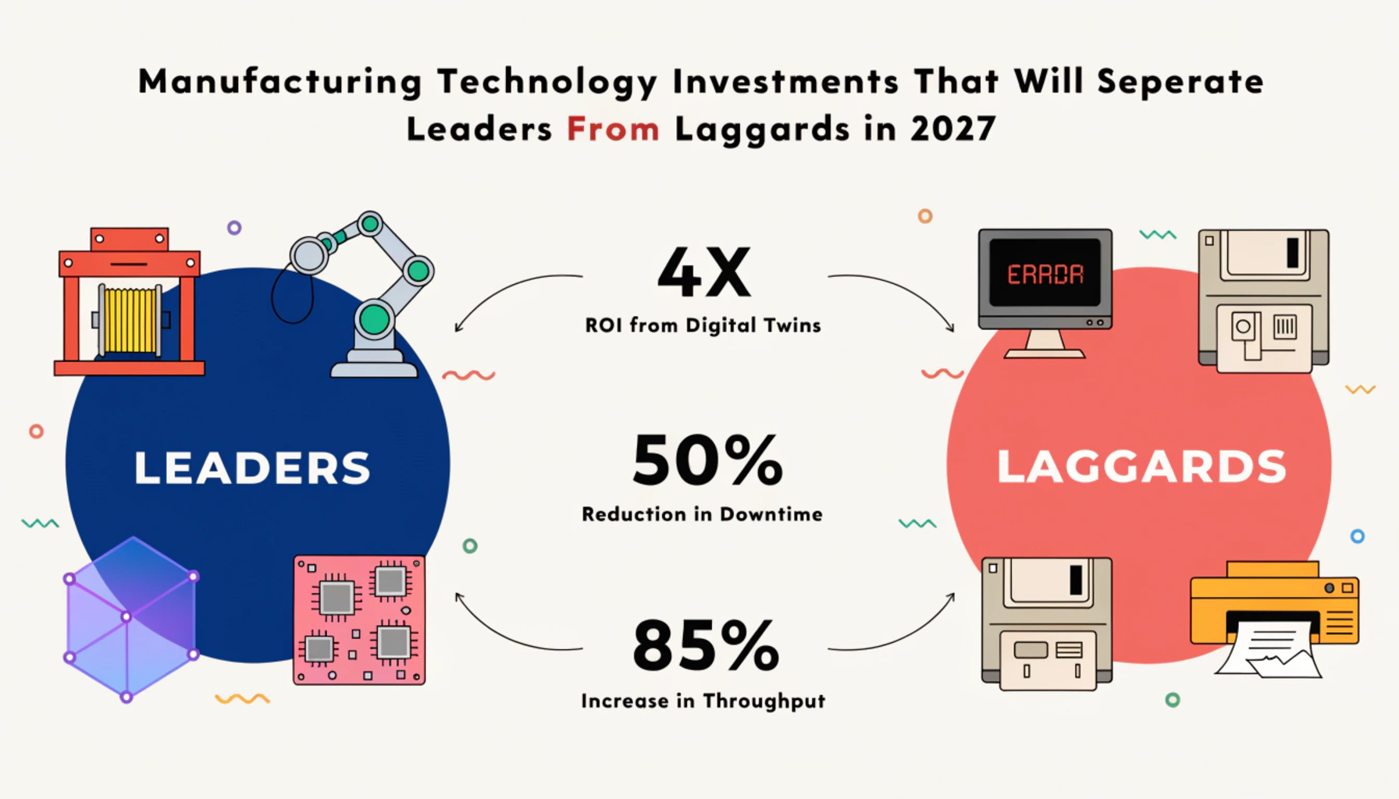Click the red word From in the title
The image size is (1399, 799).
click(x=614, y=129)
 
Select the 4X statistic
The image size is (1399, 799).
click(x=704, y=272)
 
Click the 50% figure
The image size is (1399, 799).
click(x=707, y=460)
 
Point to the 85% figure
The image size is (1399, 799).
click(x=706, y=645)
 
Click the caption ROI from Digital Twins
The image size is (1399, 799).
click(x=703, y=325)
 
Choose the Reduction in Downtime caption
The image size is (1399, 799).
click(x=702, y=514)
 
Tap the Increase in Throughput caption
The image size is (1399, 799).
click(x=703, y=701)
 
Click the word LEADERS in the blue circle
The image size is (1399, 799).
click(x=252, y=467)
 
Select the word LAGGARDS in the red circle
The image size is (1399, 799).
click(x=1141, y=467)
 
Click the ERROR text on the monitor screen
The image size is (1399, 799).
click(x=1045, y=275)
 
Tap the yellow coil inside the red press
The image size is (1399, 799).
click(x=130, y=320)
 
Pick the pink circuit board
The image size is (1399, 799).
click(x=359, y=620)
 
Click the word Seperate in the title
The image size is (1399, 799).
click(x=1180, y=82)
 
